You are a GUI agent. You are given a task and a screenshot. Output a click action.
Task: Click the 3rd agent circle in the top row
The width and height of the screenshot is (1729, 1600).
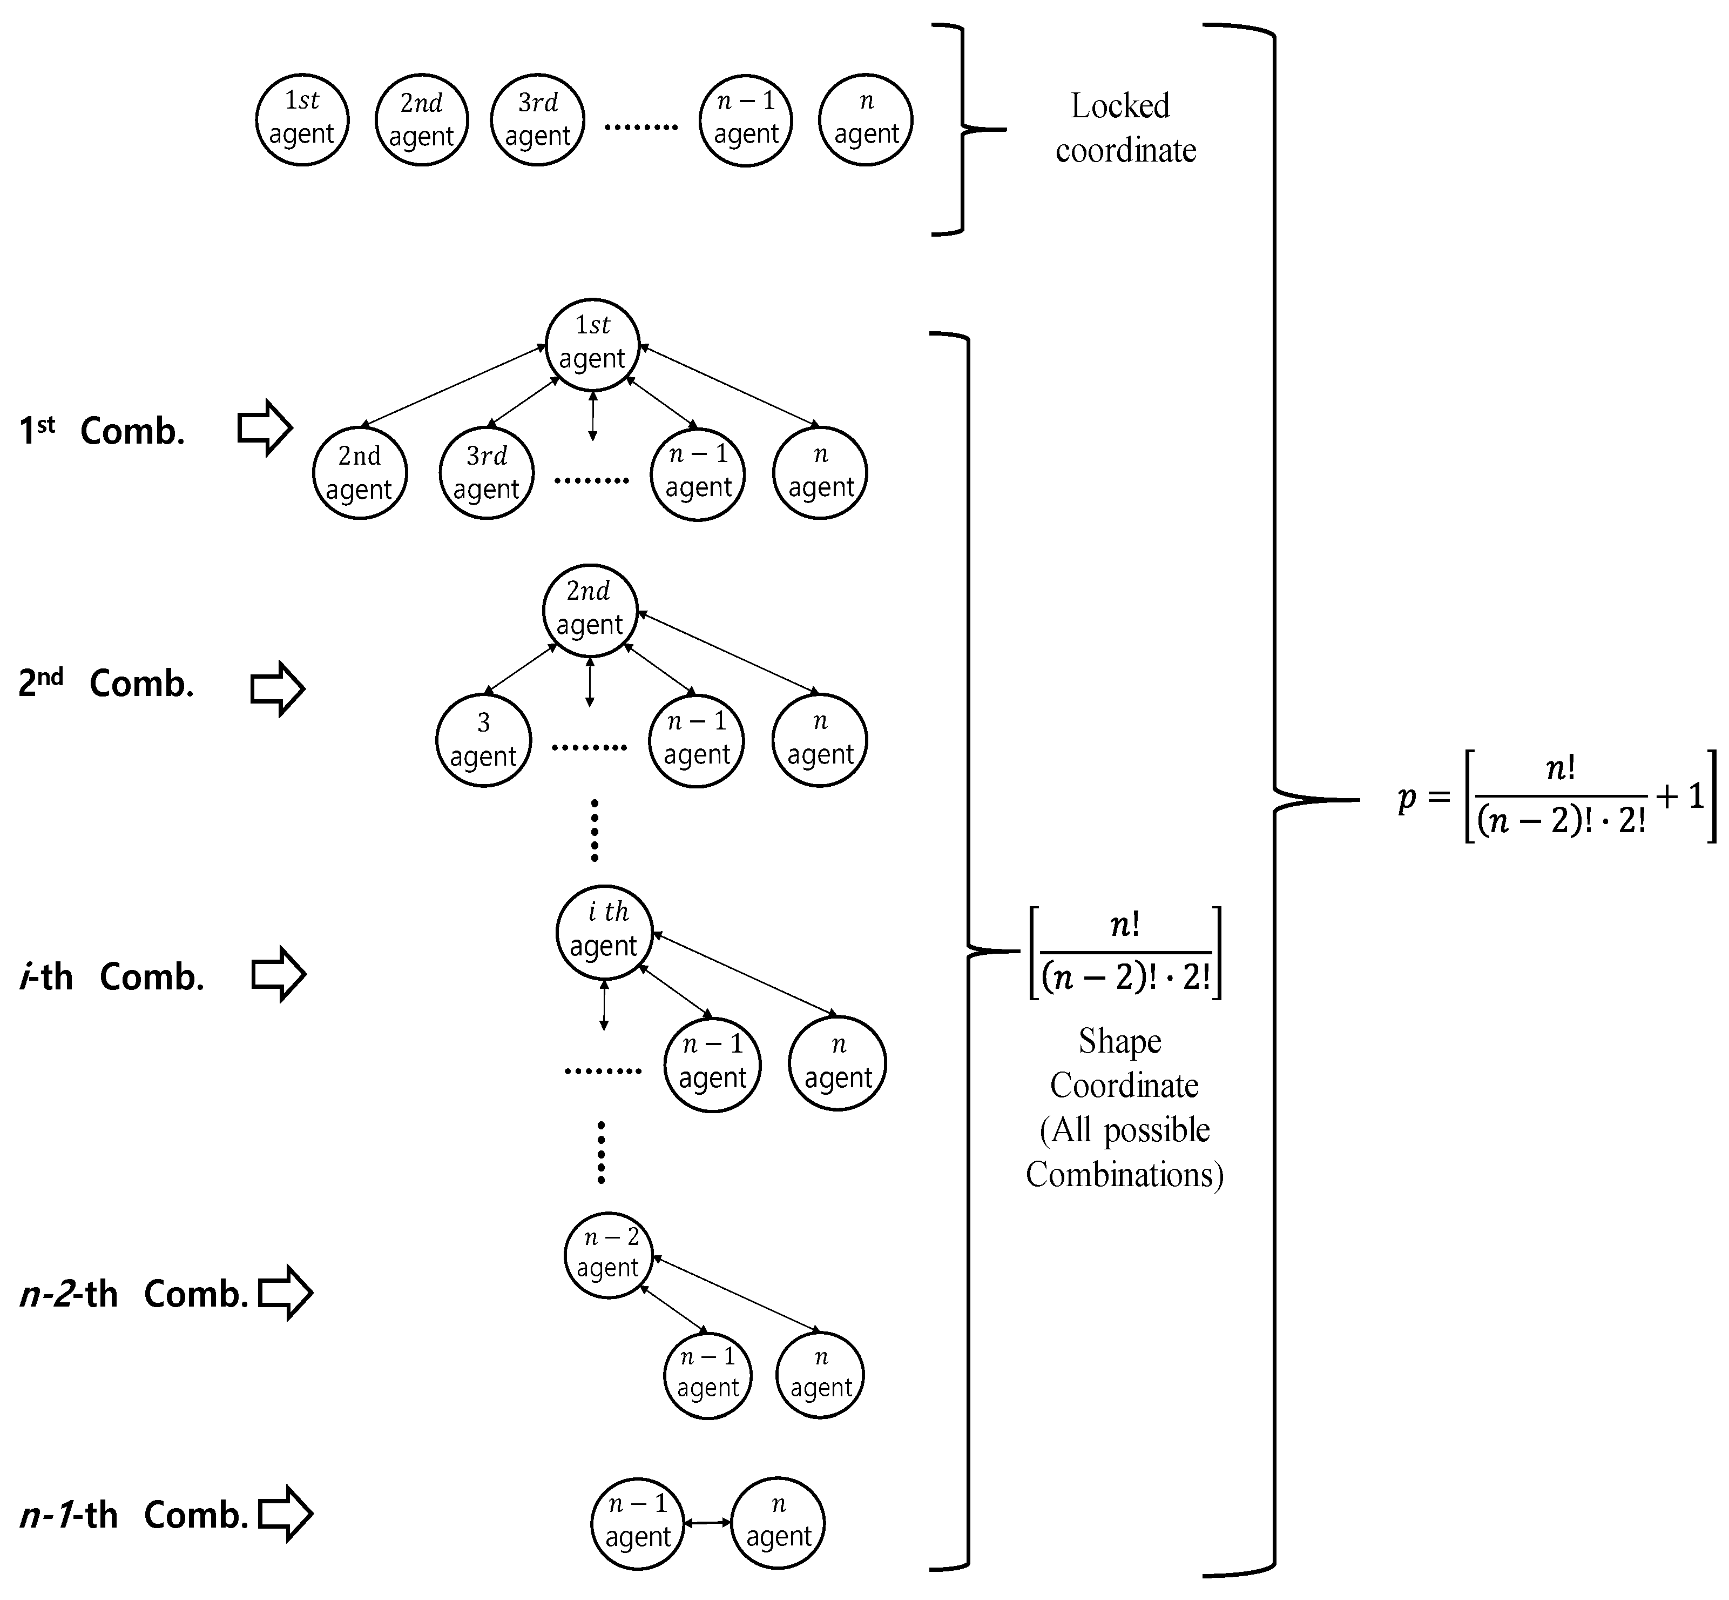[x=537, y=119]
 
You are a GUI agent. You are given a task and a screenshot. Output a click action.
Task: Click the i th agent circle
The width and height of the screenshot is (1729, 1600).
[x=603, y=930]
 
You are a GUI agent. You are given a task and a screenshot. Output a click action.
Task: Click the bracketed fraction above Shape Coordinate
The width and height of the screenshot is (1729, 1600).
[x=1125, y=952]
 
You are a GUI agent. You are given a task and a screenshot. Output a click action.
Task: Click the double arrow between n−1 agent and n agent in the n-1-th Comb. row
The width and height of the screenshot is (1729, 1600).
[x=707, y=1522]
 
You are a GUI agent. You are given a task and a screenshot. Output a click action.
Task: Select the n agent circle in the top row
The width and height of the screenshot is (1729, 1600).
[x=866, y=119]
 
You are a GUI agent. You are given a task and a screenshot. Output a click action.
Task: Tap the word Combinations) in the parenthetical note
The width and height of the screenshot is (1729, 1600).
[x=1124, y=1175]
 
